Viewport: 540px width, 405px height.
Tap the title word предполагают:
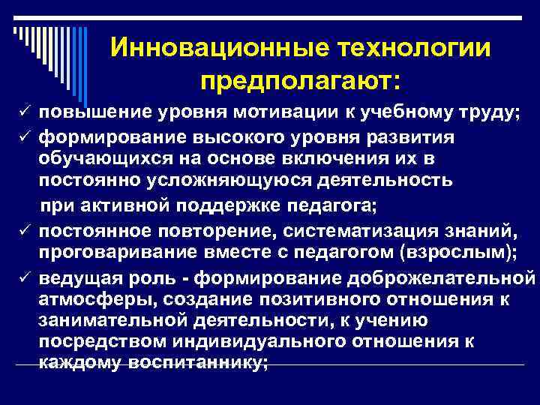(x=300, y=79)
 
